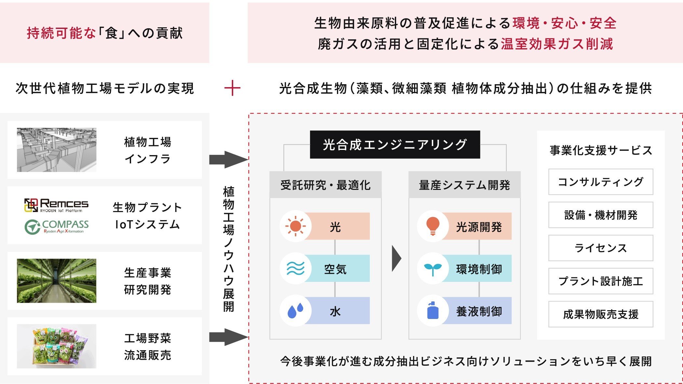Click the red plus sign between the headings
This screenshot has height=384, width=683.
(232, 88)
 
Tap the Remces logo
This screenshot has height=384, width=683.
(56, 205)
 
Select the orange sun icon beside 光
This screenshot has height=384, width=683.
(295, 226)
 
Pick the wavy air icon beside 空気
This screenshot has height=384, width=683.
(295, 269)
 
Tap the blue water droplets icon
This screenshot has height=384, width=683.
(295, 311)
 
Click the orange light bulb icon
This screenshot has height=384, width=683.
(433, 226)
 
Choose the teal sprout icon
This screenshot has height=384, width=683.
(433, 269)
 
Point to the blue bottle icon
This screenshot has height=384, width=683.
(433, 311)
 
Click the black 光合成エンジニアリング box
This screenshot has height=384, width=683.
(395, 145)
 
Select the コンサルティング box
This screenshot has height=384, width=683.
(600, 182)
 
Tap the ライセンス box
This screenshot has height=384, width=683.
(600, 248)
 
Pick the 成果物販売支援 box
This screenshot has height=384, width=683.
(600, 314)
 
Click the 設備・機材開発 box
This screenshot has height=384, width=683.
(600, 215)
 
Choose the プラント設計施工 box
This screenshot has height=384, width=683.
(600, 281)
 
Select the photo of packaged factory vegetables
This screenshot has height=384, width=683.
(57, 346)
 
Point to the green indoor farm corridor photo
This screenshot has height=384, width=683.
(57, 281)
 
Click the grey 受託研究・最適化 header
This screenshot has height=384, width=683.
(325, 185)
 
